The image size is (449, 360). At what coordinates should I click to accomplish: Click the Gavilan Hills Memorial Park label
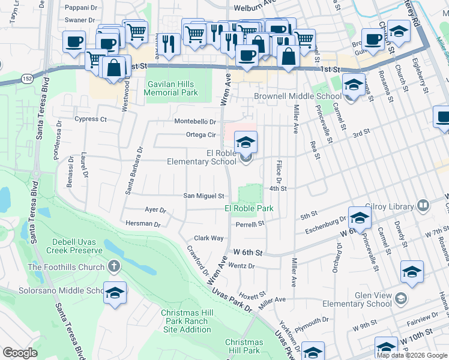click(x=171, y=88)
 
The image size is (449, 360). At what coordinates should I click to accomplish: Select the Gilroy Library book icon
click(x=423, y=206)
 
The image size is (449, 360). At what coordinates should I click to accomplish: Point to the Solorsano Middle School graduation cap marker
click(x=115, y=295)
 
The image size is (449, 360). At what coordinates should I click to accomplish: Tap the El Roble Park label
click(x=249, y=208)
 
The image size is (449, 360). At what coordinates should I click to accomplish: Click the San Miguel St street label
click(x=203, y=196)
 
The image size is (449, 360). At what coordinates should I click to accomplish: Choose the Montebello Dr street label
click(x=195, y=121)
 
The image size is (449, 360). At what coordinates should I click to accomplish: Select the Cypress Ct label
click(x=91, y=119)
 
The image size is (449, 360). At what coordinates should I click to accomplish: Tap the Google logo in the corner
click(x=20, y=353)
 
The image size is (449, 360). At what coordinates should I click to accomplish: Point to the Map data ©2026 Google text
click(x=412, y=355)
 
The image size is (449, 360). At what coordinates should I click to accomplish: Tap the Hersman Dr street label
click(x=143, y=224)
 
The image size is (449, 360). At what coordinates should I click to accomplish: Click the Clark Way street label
click(x=209, y=238)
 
